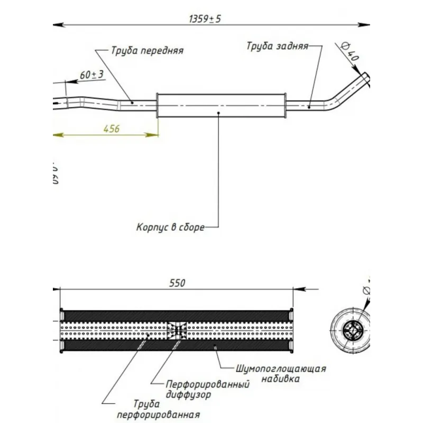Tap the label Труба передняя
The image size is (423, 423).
tap(147, 51)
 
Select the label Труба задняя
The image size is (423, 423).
tap(277, 46)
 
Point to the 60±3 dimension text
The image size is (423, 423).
tap(91, 75)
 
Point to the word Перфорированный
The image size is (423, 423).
tap(207, 384)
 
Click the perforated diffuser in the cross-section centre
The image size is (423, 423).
tap(177, 330)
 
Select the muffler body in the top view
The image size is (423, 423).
tap(221, 105)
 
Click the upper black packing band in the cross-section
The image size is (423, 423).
tap(177, 315)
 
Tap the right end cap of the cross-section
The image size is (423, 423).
tap(292, 330)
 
